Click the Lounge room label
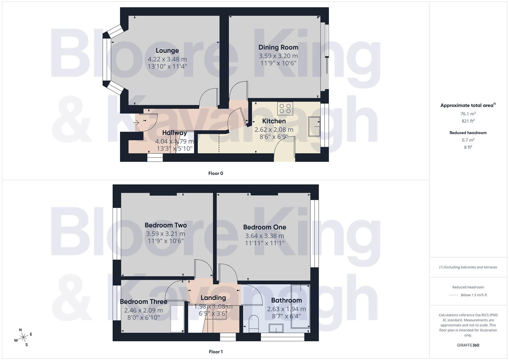pyautogui.click(x=167, y=51)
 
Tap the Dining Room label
pyautogui.click(x=278, y=47)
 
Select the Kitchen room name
pyautogui.click(x=274, y=121)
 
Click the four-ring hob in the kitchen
pyautogui.click(x=285, y=108)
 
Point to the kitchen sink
pyautogui.click(x=314, y=127)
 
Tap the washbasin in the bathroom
pyautogui.click(x=276, y=328)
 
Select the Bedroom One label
pyautogui.click(x=265, y=227)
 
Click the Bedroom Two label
pyautogui.click(x=166, y=225)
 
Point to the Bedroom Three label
pyautogui.click(x=143, y=302)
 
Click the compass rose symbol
pyautogui.click(x=23, y=337)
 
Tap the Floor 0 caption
pyautogui.click(x=216, y=173)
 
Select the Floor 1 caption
pyautogui.click(x=216, y=352)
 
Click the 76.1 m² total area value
pyautogui.click(x=468, y=114)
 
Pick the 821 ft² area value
pyautogui.click(x=468, y=121)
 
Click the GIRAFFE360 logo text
pyautogui.click(x=468, y=345)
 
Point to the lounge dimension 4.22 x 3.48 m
pyautogui.click(x=167, y=59)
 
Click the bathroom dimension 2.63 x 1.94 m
pyautogui.click(x=286, y=309)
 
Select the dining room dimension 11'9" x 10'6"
pyautogui.click(x=278, y=63)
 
